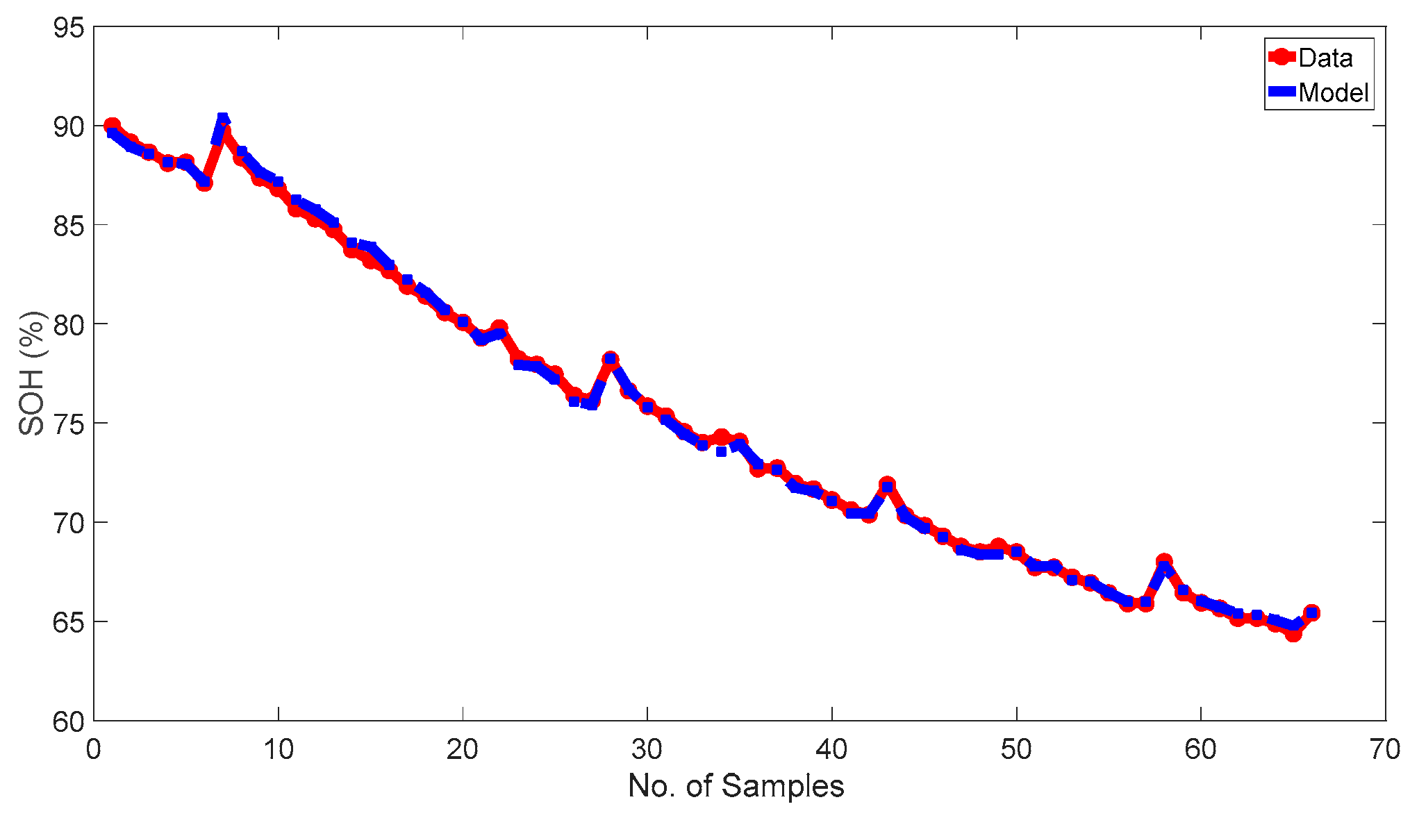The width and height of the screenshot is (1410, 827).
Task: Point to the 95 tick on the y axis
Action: coord(69,28)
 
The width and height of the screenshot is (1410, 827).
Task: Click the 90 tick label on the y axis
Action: coord(69,126)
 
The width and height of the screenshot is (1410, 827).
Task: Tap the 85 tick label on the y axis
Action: coord(69,226)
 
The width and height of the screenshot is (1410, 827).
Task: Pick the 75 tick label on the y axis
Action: coord(69,424)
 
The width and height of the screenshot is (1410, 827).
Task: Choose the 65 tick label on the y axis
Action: coord(69,622)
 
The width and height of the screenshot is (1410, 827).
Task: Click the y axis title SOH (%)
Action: coord(31,374)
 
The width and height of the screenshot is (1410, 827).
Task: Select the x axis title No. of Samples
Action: coord(736,787)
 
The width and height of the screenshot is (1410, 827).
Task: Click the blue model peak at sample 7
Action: coord(223,119)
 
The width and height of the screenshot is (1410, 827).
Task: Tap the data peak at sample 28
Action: coord(611,360)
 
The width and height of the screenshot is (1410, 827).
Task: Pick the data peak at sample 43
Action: coord(887,485)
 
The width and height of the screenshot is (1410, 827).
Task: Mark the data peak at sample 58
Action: coord(1164,562)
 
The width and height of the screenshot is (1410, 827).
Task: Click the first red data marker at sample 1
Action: coord(112,126)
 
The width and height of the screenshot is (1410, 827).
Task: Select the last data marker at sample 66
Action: coord(1312,612)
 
